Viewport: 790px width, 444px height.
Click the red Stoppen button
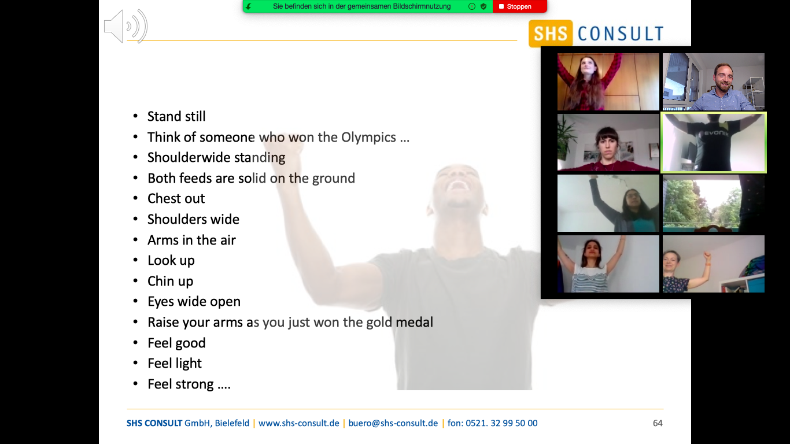[519, 6]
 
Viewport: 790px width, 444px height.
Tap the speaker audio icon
[125, 27]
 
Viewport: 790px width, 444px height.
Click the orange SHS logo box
[550, 34]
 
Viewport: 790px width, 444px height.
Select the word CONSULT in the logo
[621, 34]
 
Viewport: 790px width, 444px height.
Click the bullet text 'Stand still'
[176, 116]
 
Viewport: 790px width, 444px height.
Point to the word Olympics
[368, 137]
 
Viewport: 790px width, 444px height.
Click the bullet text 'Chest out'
[176, 198]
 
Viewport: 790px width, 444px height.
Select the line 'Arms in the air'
[191, 240]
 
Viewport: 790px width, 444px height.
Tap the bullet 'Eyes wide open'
[194, 302]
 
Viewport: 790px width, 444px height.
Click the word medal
[415, 323]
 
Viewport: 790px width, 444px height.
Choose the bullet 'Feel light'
[175, 363]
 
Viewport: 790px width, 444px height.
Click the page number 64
[658, 423]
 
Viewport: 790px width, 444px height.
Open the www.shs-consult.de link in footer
[299, 423]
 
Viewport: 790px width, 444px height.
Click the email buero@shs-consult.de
[393, 423]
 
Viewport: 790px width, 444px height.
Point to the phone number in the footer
[493, 423]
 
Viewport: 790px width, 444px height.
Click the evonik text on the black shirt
[717, 134]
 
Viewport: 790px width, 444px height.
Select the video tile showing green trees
[714, 203]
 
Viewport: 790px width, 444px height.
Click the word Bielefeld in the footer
[232, 423]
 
